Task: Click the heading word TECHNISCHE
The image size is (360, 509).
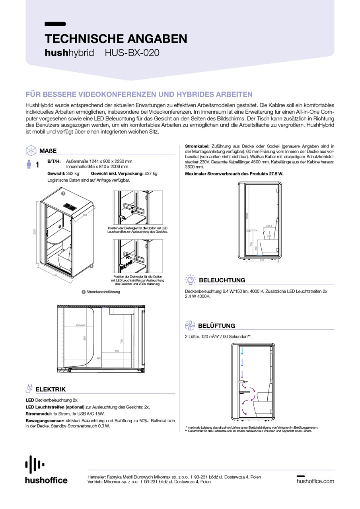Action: tap(80, 39)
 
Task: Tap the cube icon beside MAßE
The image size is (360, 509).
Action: tap(31, 151)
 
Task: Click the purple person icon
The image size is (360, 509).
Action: tap(29, 164)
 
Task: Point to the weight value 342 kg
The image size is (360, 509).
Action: tap(73, 174)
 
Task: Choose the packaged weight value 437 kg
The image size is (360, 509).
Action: tap(151, 174)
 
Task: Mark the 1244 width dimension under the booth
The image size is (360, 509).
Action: tap(54, 275)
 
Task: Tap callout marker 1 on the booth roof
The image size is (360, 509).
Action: tap(63, 193)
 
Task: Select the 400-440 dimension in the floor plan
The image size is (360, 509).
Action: tap(80, 325)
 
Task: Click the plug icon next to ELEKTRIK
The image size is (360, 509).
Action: tap(29, 389)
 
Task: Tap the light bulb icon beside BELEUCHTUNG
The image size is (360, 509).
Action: tap(191, 280)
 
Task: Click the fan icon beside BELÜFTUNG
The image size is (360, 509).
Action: tap(190, 325)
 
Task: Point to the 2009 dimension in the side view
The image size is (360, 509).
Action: tap(247, 215)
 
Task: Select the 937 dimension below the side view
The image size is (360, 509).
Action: tap(261, 260)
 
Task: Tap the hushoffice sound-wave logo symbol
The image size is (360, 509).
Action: tap(35, 464)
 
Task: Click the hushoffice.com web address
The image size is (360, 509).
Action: tap(315, 481)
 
